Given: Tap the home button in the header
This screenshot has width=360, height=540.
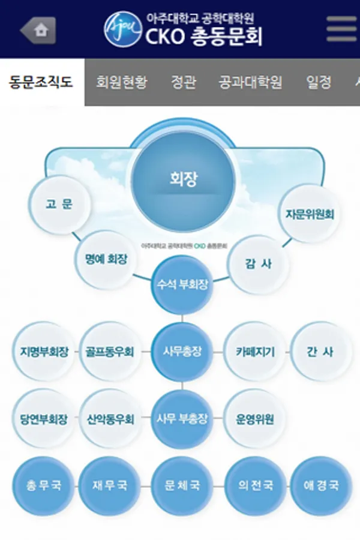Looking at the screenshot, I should pos(38,29).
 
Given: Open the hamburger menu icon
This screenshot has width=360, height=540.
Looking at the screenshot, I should pos(341,29).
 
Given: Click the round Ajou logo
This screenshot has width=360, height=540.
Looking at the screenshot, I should pos(123,29).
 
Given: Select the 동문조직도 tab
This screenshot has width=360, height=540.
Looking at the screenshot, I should pos(41,82).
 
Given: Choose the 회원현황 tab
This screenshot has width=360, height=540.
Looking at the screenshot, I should pos(122,82).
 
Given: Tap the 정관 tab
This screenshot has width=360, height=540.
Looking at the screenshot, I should pos(183,82).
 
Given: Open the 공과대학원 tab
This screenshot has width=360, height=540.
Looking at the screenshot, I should pos(250,82).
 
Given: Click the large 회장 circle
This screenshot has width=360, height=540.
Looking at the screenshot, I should pos(183,179).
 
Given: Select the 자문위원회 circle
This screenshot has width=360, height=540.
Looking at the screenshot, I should pos(310,214).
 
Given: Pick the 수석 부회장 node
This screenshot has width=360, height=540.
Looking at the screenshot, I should pos(182,284).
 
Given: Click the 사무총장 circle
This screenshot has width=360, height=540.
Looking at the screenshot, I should pos(182,352).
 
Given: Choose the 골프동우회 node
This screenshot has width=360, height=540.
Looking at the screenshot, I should pos(109,352).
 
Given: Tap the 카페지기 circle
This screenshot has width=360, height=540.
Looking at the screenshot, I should pos(255,352).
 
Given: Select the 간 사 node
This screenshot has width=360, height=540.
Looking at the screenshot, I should pos(320,352).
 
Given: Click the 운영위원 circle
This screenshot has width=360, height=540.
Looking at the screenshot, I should pos(255,419).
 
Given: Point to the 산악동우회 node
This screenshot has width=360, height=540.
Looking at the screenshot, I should pos(109,419).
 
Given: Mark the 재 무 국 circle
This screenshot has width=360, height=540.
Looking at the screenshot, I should pos(109,485).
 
